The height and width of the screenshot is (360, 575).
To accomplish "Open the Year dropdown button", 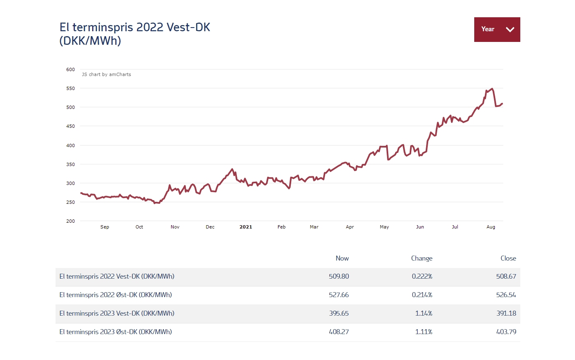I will point(497,30).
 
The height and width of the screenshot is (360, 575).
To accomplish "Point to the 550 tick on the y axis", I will point(71,88).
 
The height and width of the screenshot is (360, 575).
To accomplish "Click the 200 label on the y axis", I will point(71,221).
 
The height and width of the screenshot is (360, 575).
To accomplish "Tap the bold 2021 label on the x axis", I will point(246,227).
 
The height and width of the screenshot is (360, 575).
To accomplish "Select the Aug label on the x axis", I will point(491,227).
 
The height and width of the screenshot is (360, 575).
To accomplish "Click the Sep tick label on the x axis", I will point(105,227).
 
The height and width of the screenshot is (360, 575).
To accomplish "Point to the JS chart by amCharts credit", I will point(107,74).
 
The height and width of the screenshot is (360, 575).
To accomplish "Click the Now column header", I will point(342,258).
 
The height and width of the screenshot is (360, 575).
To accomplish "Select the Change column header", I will point(422,258).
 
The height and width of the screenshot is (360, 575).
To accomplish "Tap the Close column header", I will point(508,258).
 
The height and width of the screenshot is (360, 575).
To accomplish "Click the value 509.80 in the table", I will point(339,277).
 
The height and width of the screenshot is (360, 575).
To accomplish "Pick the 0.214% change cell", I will point(422,295).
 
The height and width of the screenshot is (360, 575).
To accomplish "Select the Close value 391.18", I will point(506,314).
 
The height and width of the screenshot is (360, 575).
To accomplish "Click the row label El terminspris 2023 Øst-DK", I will point(116,332).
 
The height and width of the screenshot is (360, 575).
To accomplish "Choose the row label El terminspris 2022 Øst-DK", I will point(116,295).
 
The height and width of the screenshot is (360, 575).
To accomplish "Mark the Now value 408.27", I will point(339,332).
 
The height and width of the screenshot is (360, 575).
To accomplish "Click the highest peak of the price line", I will point(492,89).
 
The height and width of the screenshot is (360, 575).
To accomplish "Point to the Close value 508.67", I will point(506,277).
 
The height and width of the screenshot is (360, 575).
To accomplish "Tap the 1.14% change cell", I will point(424,314).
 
